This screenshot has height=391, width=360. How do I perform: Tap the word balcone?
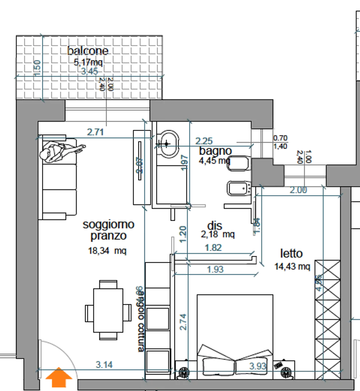click(x=88, y=51)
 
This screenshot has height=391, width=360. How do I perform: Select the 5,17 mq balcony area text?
click(x=88, y=62)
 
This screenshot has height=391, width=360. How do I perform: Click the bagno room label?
click(x=215, y=151)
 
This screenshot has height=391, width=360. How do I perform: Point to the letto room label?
click(x=292, y=254)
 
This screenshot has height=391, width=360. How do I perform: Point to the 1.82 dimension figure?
click(x=214, y=248)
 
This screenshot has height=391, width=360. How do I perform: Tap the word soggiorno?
click(x=108, y=225)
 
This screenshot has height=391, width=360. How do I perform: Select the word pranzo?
click(x=108, y=236)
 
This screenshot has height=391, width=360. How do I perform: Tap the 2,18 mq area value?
click(x=218, y=234)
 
